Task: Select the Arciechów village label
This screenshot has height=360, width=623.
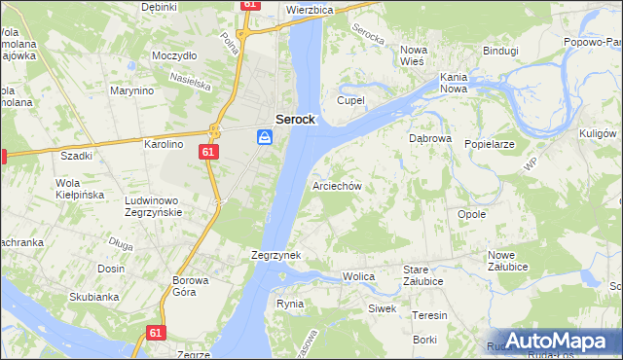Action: (x=338, y=186)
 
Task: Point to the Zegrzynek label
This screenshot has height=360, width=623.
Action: (x=275, y=255)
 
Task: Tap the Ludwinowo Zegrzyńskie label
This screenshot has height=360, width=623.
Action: (x=163, y=205)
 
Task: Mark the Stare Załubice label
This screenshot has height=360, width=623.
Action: (x=423, y=275)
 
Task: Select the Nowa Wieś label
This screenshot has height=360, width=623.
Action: (x=414, y=55)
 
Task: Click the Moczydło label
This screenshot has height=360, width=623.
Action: (x=174, y=55)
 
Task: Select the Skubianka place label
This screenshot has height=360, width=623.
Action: (x=93, y=298)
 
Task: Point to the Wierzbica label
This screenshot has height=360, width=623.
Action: (x=311, y=9)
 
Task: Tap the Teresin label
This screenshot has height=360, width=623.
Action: (x=429, y=315)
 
